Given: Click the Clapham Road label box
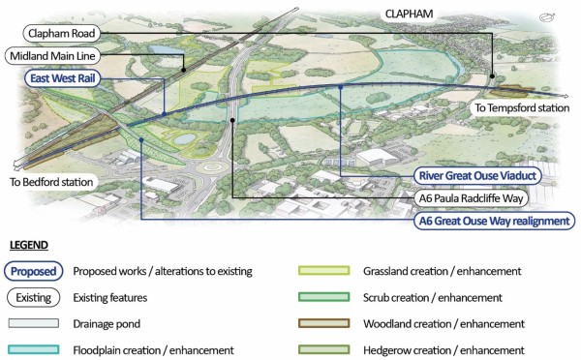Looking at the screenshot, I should (58, 34).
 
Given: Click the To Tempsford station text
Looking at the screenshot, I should (521, 108).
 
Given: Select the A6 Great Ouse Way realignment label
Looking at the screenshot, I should (490, 221).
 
